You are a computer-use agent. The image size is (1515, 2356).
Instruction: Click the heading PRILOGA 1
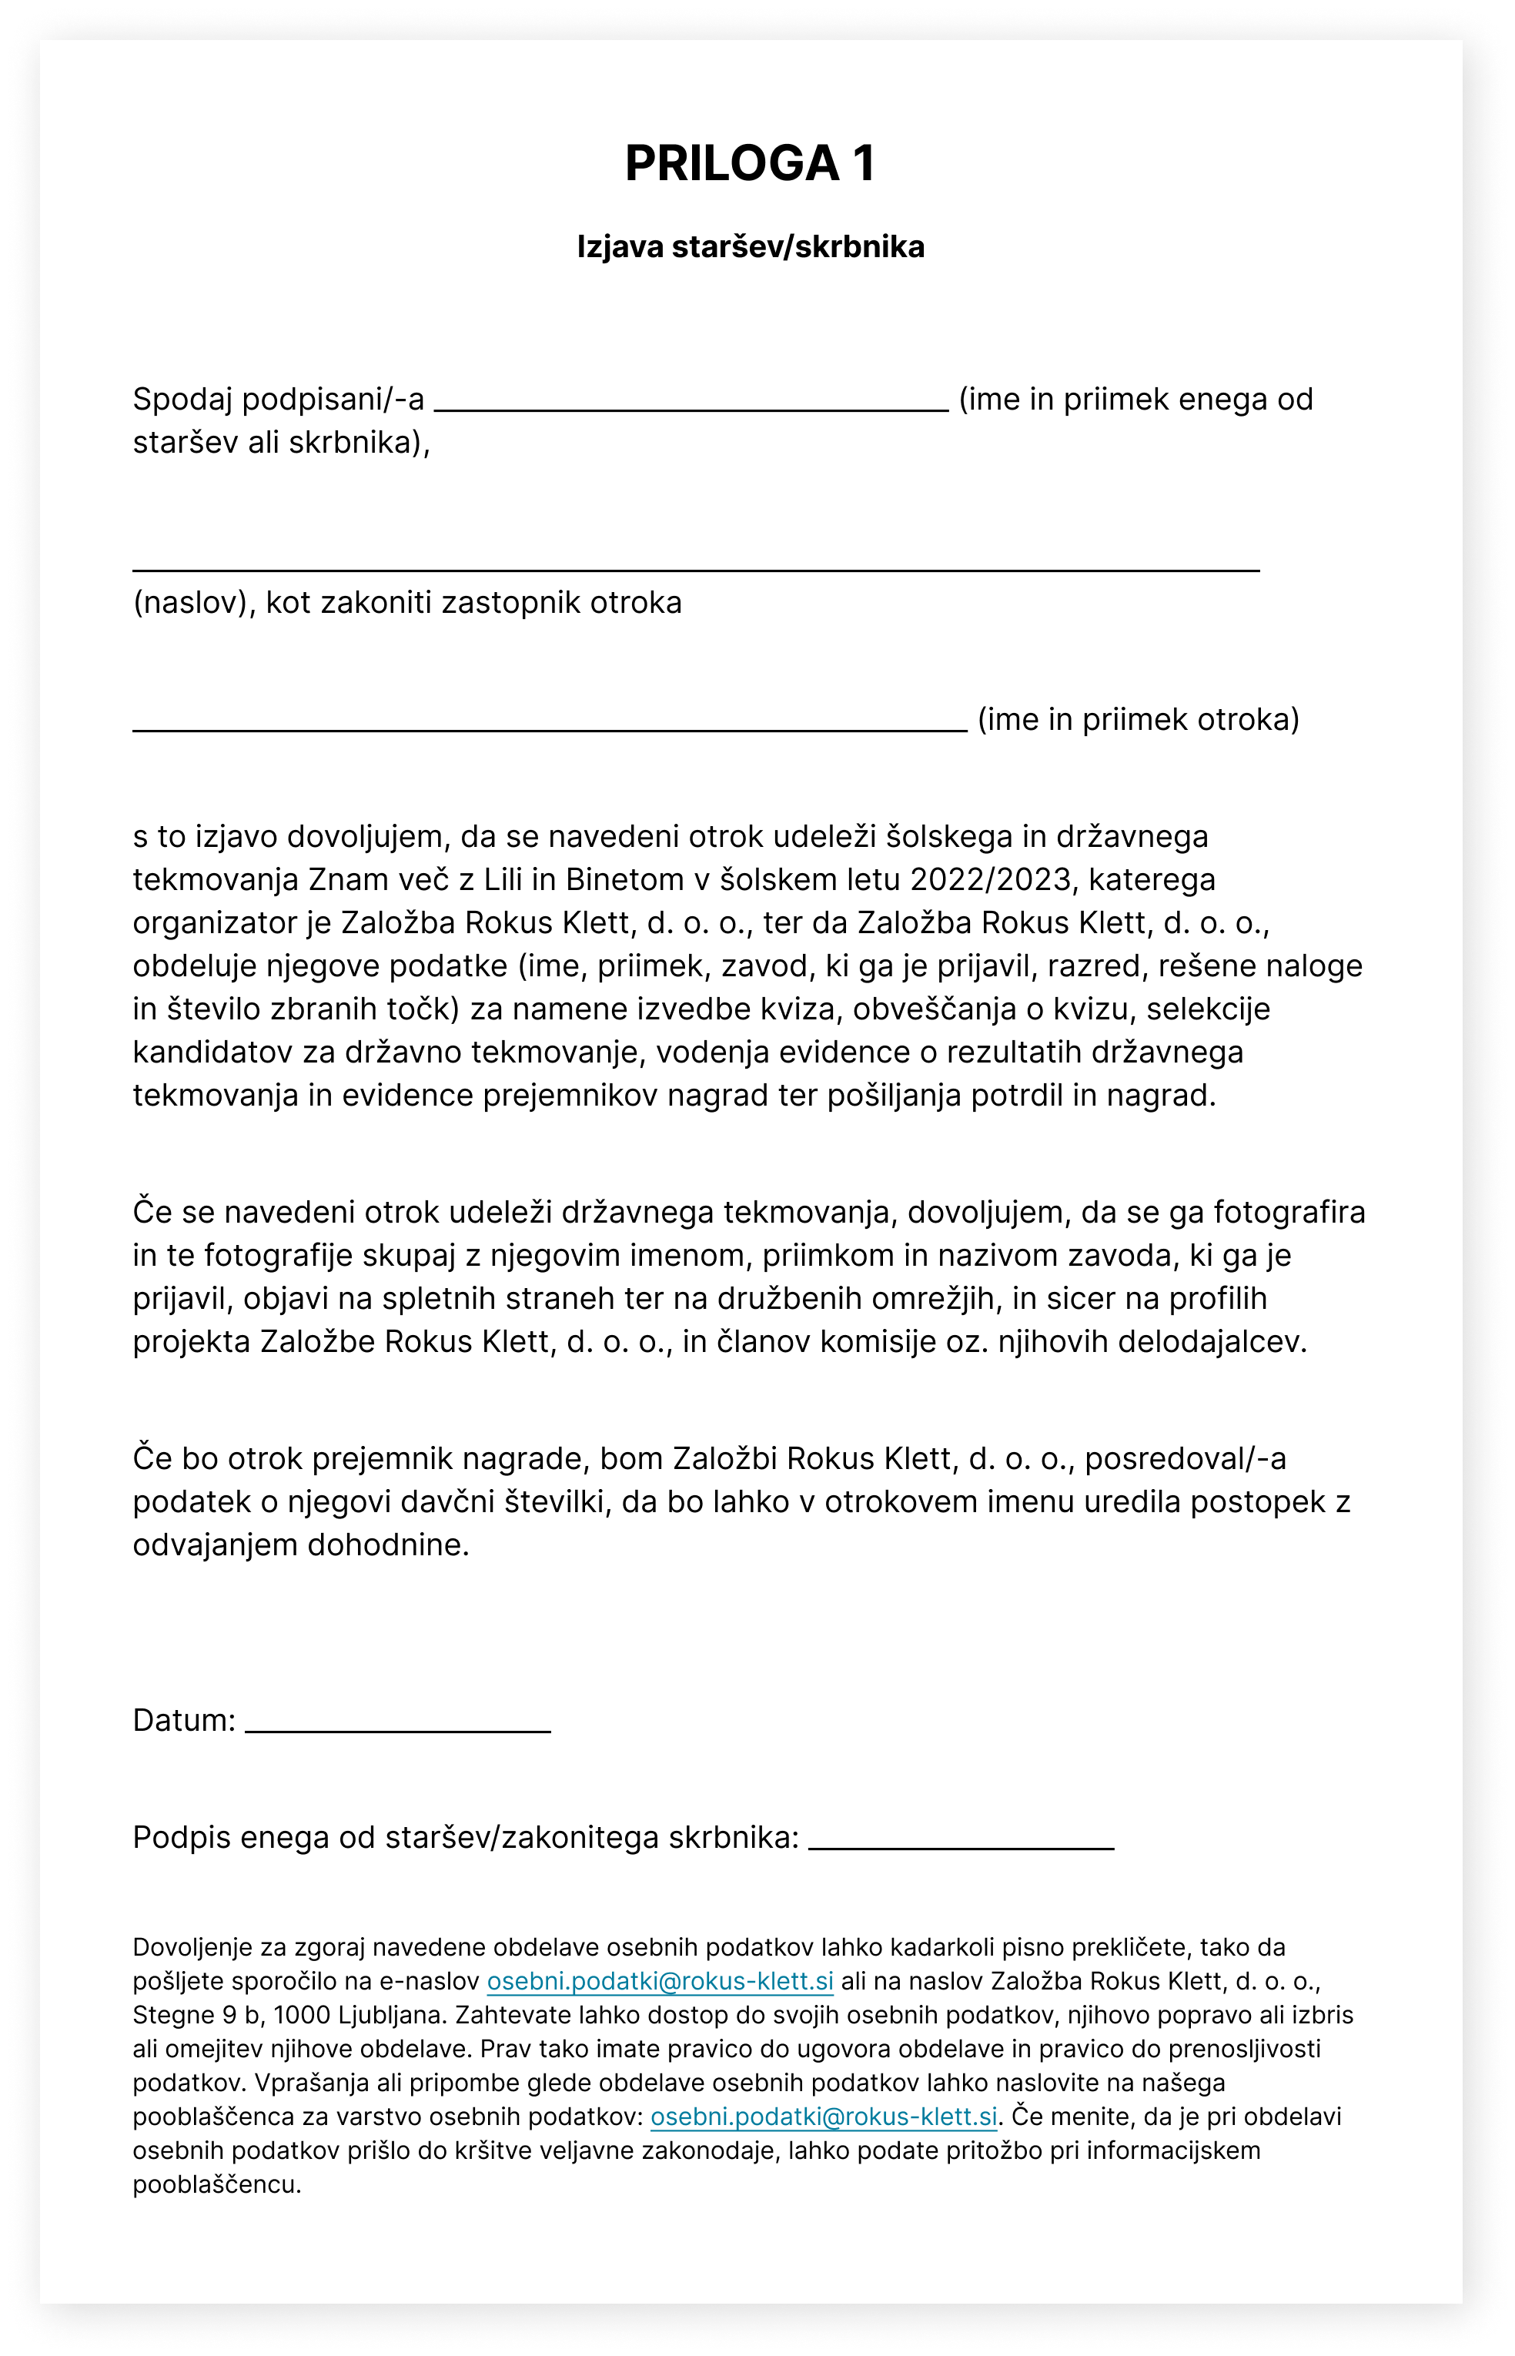click(x=750, y=163)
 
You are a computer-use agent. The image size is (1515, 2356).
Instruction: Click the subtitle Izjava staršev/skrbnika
click(x=750, y=247)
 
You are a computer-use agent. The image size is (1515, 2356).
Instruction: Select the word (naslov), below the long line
click(x=195, y=602)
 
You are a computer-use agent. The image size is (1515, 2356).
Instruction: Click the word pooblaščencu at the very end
click(x=216, y=2184)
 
